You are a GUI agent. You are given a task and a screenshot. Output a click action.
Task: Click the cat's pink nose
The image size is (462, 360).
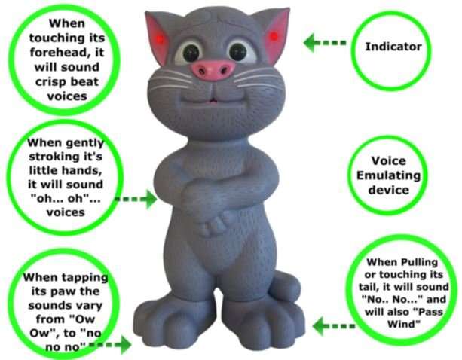tap(213, 69)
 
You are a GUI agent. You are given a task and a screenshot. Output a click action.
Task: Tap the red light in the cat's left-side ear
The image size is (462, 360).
tap(157, 38)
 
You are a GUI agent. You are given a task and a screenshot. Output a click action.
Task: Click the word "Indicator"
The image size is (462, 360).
tap(393, 47)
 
